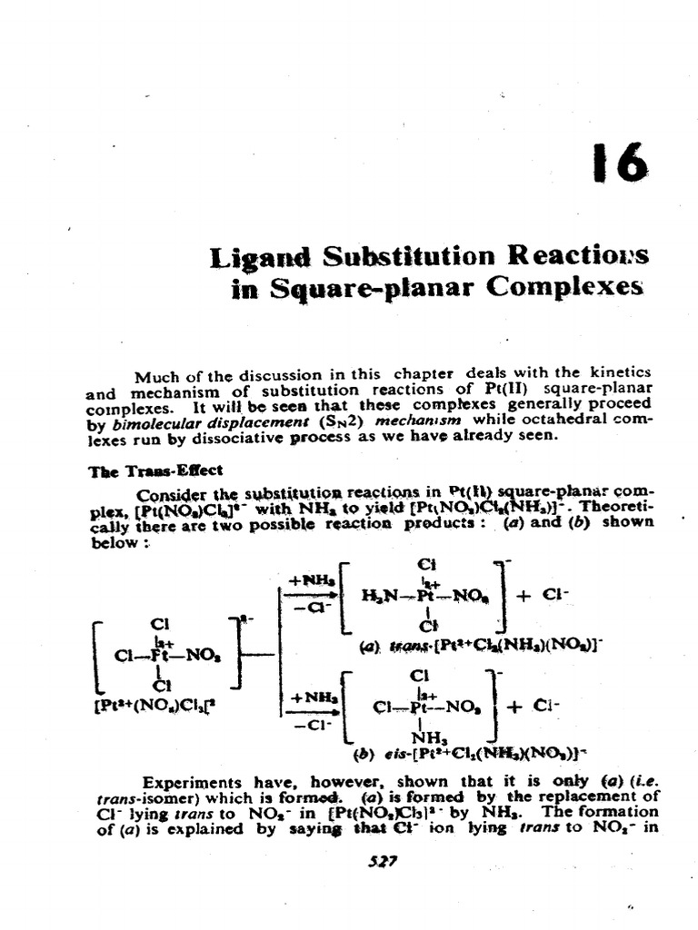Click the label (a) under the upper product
click(369, 647)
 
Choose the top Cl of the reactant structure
click(161, 626)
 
